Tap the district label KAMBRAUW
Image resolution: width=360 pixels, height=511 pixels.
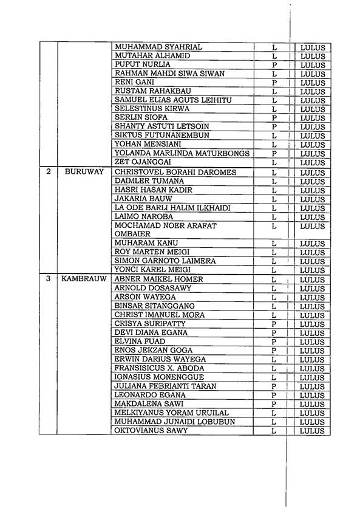[84, 280]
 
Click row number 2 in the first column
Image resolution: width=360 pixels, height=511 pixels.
[48, 173]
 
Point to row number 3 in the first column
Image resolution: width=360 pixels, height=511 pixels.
[48, 280]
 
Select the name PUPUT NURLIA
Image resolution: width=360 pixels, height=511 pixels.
[143, 64]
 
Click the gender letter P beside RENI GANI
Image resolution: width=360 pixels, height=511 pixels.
[274, 83]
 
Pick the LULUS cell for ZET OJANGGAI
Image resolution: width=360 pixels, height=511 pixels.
[313, 163]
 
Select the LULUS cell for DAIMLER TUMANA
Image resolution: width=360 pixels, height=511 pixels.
[313, 182]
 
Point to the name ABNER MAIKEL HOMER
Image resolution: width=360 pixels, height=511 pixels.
[159, 280]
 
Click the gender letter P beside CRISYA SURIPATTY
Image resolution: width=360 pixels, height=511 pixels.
[274, 324]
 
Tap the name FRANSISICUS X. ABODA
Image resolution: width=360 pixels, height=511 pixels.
[159, 368]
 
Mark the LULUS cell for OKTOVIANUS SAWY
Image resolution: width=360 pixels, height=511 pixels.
[313, 431]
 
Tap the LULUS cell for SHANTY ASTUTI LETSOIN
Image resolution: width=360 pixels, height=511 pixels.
[313, 127]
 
